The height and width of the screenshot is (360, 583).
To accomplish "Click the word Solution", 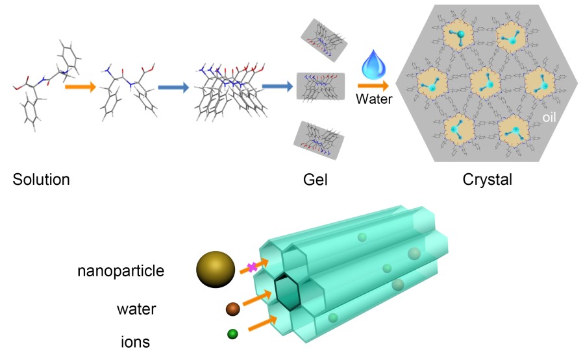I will (41, 180).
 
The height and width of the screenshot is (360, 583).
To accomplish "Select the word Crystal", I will (487, 180).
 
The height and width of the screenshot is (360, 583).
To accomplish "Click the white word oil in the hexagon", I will (552, 118).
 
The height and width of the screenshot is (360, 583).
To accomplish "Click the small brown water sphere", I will (233, 309).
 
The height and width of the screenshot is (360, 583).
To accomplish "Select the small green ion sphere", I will (232, 335).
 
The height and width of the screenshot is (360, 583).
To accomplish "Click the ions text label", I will (136, 340).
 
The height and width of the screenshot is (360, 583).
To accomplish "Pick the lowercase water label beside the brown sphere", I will (136, 309).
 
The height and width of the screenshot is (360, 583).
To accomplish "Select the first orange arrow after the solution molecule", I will (79, 84).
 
